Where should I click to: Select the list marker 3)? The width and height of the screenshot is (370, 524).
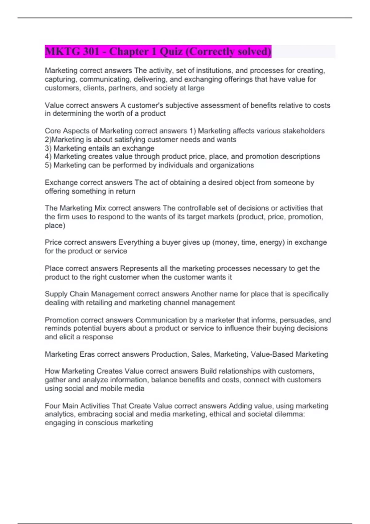(x=48, y=148)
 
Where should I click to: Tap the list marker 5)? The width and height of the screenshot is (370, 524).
(x=48, y=165)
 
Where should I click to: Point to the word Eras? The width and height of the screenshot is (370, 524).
(x=87, y=354)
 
